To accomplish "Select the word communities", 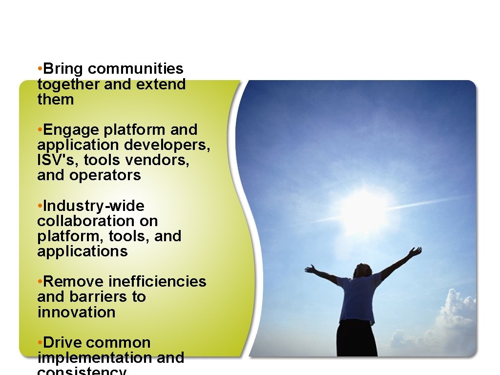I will (x=136, y=69).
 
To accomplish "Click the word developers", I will (x=167, y=145).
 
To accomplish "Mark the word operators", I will (x=105, y=175).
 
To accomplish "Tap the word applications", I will (x=82, y=251).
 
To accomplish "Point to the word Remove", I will (x=74, y=282).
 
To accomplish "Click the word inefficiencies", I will (x=157, y=282).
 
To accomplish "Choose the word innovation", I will (x=76, y=312).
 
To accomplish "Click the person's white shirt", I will (x=359, y=298).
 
